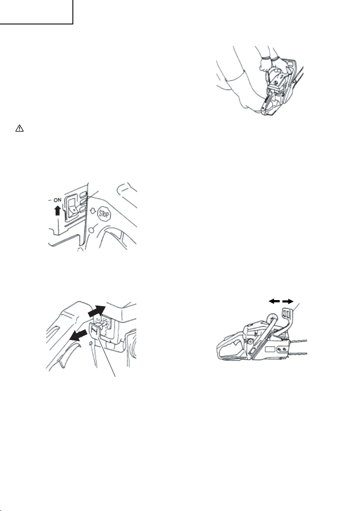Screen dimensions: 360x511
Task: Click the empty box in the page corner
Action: coord(36,12)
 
